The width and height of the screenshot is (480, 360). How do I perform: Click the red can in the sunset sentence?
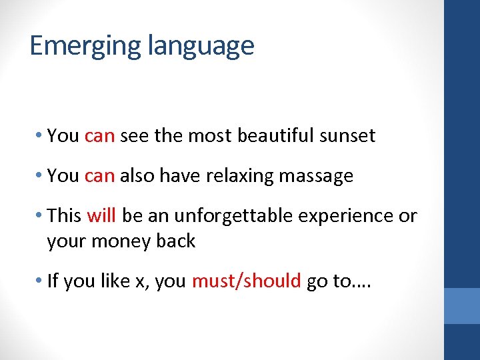100,137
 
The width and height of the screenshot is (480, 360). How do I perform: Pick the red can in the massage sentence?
100,177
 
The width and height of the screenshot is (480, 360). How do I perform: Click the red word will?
101,216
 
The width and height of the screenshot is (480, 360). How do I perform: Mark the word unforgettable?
213,216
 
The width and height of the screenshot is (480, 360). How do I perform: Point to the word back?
177,241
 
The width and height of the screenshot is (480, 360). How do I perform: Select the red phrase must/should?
246,281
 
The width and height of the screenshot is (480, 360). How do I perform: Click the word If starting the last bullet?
53,281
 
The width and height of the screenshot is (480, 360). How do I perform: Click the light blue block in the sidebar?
462,306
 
